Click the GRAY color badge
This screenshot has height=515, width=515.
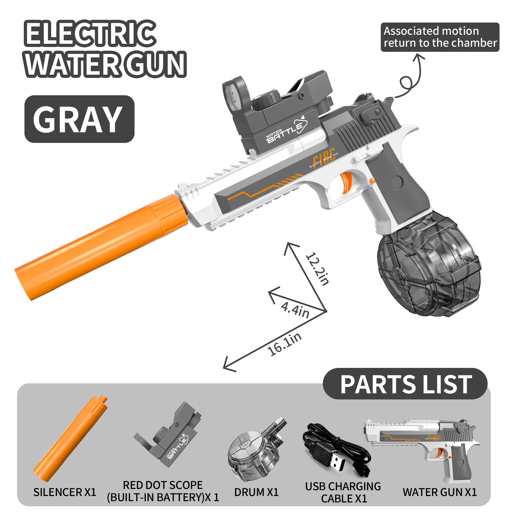[79, 119]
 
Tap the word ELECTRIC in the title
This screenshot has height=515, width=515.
[90, 33]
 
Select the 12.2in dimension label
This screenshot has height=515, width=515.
[317, 269]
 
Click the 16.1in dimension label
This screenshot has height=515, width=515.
[285, 344]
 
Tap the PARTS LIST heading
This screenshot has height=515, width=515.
[406, 384]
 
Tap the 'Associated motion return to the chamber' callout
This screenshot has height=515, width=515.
[440, 37]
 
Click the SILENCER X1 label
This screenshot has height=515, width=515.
[65, 492]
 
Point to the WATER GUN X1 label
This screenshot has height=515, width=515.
[440, 492]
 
